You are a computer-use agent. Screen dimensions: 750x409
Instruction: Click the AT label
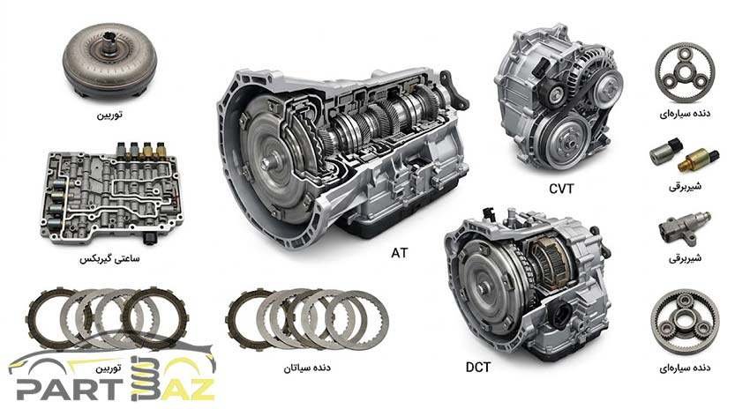point(400,252)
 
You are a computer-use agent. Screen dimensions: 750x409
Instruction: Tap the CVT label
point(561,189)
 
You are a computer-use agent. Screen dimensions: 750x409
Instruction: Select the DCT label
point(478,367)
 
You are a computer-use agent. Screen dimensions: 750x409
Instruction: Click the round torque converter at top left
point(110,62)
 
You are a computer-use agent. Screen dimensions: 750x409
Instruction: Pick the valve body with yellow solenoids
point(112,195)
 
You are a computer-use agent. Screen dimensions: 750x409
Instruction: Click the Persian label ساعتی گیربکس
point(109,258)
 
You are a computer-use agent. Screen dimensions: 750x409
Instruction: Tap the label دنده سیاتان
point(306,368)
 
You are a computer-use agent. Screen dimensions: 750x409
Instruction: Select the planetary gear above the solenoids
point(685,71)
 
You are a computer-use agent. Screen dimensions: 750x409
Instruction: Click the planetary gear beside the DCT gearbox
point(685,321)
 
